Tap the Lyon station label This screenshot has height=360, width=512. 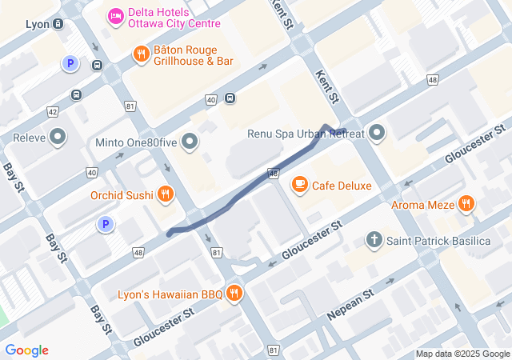[x=38, y=24]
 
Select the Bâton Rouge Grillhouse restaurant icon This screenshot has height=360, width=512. [x=142, y=54]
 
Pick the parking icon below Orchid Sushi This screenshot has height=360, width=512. [x=104, y=225]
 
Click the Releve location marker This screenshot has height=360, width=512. [x=57, y=138]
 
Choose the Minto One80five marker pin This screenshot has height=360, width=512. [x=190, y=143]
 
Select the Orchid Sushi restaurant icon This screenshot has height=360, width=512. [x=166, y=194]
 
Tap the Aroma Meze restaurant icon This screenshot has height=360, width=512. [x=466, y=206]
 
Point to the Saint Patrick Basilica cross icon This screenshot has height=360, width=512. [x=374, y=240]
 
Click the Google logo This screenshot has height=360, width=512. [x=26, y=350]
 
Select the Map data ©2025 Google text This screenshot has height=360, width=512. [x=462, y=354]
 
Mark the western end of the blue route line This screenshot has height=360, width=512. [x=169, y=233]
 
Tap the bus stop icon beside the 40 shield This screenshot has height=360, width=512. [x=230, y=98]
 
